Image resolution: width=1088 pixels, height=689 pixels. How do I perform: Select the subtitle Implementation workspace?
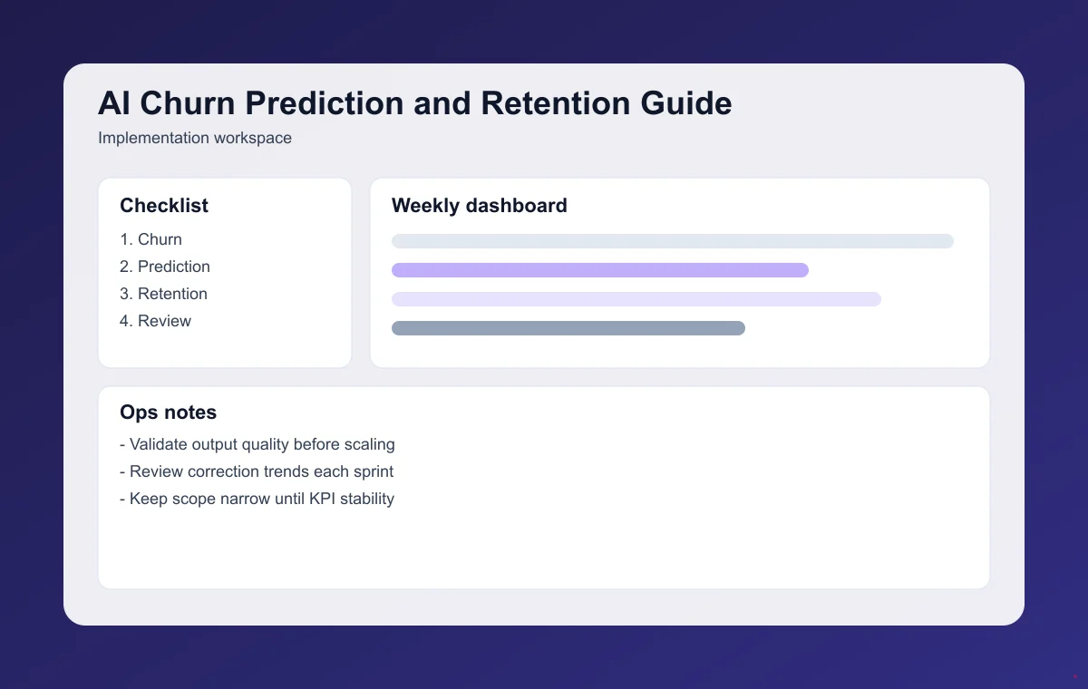pyautogui.click(x=194, y=139)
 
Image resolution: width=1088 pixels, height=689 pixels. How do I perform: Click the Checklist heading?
pyautogui.click(x=164, y=206)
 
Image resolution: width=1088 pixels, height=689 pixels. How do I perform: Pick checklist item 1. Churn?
pyautogui.click(x=151, y=239)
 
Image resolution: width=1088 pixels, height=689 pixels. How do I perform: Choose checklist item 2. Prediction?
pyautogui.click(x=164, y=267)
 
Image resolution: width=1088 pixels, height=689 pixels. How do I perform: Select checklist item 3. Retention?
pyautogui.click(x=163, y=294)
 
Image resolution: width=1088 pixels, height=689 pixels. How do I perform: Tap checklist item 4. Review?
pyautogui.click(x=155, y=321)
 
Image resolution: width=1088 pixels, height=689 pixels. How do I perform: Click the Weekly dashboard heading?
pyautogui.click(x=479, y=206)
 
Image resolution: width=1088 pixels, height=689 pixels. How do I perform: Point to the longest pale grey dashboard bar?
pyautogui.click(x=672, y=241)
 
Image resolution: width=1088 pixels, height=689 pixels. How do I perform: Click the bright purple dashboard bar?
pyautogui.click(x=599, y=270)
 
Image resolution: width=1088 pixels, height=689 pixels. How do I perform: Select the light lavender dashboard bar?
pyautogui.click(x=636, y=299)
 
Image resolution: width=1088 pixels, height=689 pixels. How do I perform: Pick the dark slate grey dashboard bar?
pyautogui.click(x=568, y=328)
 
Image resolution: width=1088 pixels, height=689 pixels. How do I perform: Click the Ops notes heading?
pyautogui.click(x=168, y=412)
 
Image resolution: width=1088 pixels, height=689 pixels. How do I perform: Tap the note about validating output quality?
pyautogui.click(x=257, y=444)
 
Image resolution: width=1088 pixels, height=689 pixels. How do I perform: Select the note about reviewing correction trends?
pyautogui.click(x=257, y=471)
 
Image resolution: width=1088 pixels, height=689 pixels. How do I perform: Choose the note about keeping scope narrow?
pyautogui.click(x=257, y=499)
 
